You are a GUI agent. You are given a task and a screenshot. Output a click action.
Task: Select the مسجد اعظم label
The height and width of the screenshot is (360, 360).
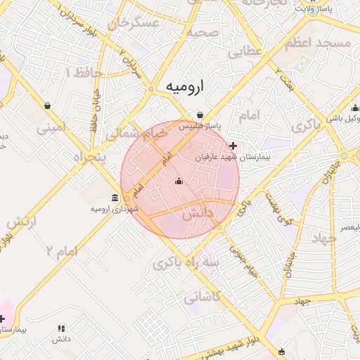point(318,44)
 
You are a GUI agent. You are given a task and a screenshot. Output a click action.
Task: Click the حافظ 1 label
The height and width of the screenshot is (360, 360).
point(84,72)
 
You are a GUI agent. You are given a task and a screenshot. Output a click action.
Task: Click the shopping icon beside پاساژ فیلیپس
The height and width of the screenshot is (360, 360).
point(200,115)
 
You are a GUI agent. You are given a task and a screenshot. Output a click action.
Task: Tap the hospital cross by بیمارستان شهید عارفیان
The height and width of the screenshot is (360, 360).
point(233,146)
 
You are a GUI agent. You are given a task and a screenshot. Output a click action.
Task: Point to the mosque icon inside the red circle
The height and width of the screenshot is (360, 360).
point(178,182)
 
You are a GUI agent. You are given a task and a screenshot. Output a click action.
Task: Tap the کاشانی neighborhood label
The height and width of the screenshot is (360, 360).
point(202,298)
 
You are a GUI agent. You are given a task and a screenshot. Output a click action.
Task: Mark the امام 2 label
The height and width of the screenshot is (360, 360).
point(60,250)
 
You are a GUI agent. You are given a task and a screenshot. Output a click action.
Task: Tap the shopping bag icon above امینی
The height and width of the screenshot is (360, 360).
point(47,106)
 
